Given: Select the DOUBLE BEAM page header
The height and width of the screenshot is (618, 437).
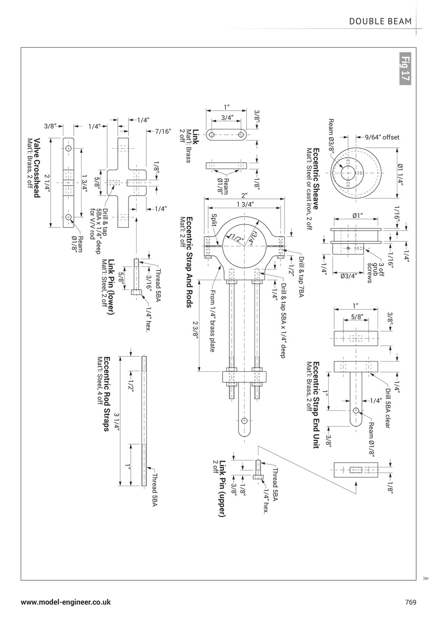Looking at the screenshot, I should pyautogui.click(x=381, y=21).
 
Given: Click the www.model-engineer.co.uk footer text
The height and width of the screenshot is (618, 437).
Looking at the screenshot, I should pyautogui.click(x=66, y=602).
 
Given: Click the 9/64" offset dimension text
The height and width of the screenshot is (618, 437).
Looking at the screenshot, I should pyautogui.click(x=382, y=137).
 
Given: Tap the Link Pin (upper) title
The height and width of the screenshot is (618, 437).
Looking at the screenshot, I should pyautogui.click(x=223, y=489).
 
